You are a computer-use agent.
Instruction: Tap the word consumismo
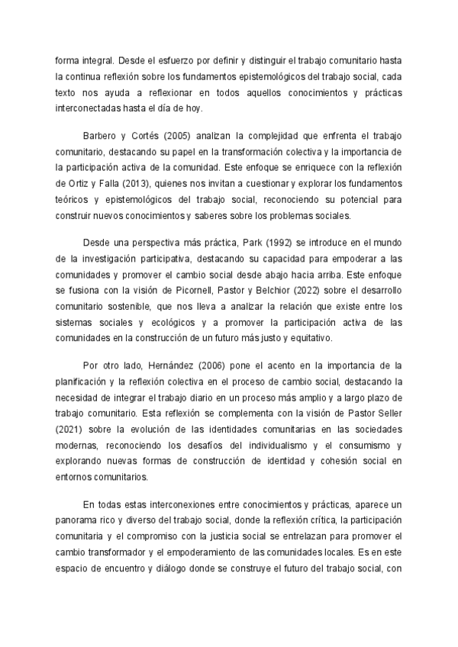pyautogui.click(x=373, y=446)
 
